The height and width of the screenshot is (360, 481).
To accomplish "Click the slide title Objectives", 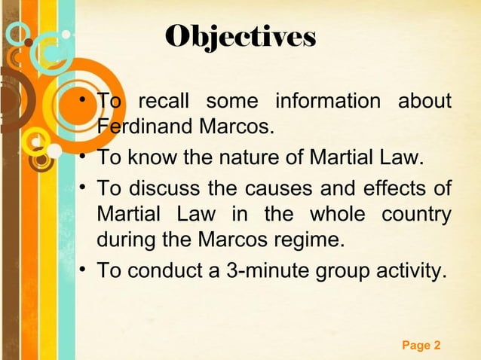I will pyautogui.click(x=241, y=35).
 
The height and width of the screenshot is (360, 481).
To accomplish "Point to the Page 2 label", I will pyautogui.click(x=421, y=346).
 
